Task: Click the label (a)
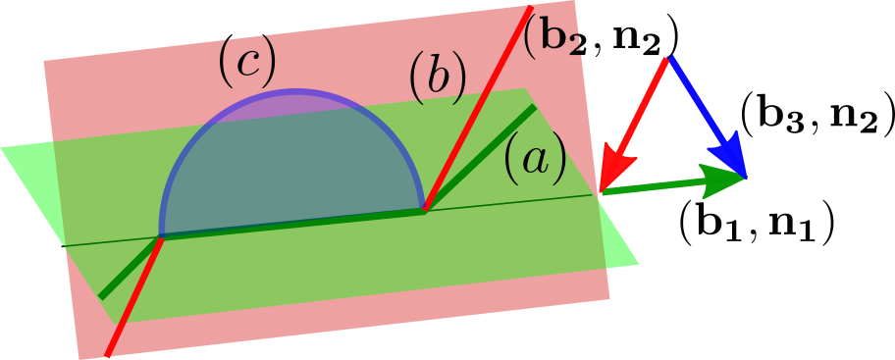point(535,159)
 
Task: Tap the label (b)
point(437,78)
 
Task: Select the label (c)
point(247,62)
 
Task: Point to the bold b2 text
point(552,37)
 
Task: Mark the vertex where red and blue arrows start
point(669,58)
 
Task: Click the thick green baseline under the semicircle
point(294,223)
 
